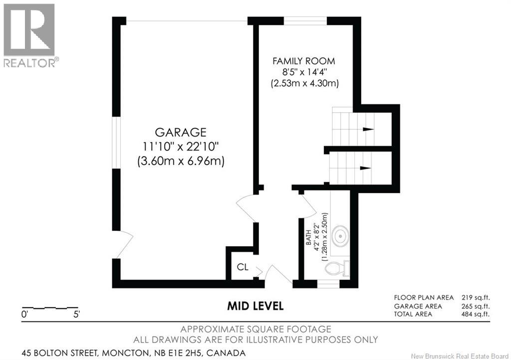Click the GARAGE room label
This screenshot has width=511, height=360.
(174, 133)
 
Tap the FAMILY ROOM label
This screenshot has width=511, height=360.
(303, 61)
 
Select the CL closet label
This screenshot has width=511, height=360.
(243, 267)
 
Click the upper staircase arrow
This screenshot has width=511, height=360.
(368, 129)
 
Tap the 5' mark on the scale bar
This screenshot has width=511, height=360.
(76, 315)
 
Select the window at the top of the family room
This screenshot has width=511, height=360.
(306, 20)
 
